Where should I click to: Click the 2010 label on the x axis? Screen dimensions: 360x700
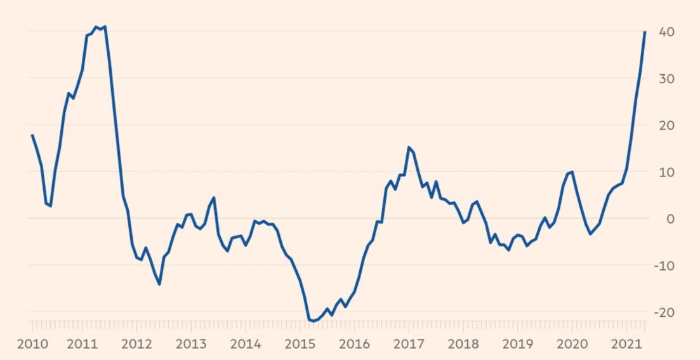coord(32,344)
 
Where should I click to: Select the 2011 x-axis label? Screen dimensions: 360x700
coord(82,344)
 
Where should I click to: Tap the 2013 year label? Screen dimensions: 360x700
coord(190,344)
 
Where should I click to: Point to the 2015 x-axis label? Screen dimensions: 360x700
coord(300,344)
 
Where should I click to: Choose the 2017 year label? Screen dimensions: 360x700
coord(408,344)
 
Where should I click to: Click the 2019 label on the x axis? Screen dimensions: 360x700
coord(517,344)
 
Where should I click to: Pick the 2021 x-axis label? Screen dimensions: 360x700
coord(626,344)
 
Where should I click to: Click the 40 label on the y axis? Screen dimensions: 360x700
coord(666,32)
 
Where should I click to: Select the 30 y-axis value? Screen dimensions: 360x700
coord(666,79)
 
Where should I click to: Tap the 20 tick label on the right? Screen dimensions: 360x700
coord(666,125)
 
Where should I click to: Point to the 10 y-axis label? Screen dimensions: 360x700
coord(666,172)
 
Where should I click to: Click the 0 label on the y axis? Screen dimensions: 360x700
coord(670,218)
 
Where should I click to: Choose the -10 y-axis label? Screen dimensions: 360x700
coord(664,265)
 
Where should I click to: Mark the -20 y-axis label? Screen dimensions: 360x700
coord(664,312)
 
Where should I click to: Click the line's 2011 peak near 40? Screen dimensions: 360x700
coord(104,27)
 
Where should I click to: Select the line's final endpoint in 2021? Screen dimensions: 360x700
coord(645,32)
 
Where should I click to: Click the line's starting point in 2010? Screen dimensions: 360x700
coord(32,135)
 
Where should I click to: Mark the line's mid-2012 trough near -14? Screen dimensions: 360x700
coord(159,284)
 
